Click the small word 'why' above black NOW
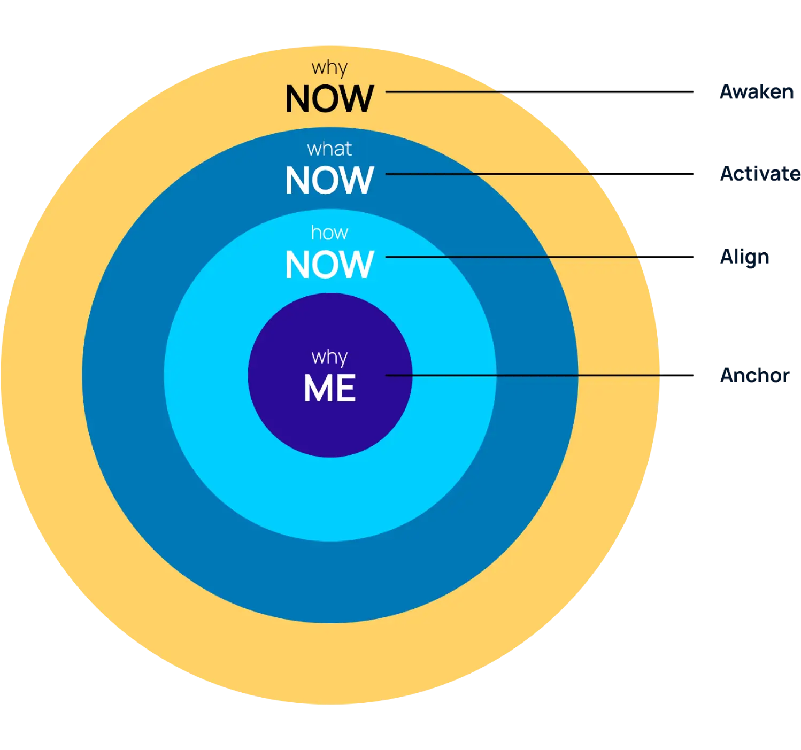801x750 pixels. point(329,68)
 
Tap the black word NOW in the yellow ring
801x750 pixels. point(329,99)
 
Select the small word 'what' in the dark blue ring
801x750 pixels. point(329,149)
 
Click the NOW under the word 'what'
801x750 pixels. point(329,181)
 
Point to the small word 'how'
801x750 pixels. point(329,233)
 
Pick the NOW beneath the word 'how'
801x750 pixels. point(329,265)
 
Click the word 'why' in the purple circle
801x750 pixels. point(329,357)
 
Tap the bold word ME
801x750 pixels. point(329,389)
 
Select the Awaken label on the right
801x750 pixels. point(756,92)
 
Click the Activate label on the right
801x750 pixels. point(759,174)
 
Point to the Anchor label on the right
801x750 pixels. point(754,375)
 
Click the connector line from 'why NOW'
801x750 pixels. point(444,92)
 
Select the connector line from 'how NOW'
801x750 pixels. point(513,257)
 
